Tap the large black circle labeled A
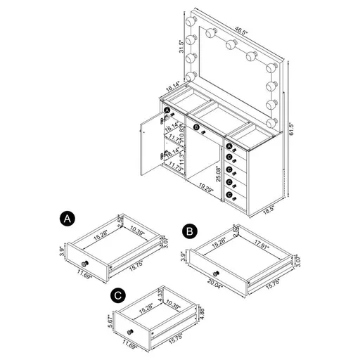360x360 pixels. click(x=66, y=219)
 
